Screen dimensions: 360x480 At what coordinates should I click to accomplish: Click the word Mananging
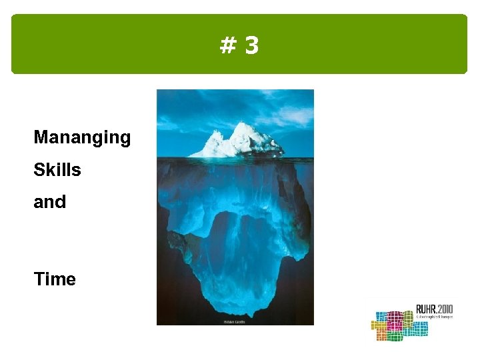[82, 138]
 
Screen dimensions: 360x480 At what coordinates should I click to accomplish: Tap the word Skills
[57, 170]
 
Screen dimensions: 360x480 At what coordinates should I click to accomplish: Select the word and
[50, 201]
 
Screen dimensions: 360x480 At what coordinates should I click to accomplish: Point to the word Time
[55, 279]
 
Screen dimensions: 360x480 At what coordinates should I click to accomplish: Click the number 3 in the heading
[251, 46]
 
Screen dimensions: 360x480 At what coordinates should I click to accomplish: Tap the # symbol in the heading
[227, 46]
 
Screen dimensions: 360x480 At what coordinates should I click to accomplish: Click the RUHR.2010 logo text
[434, 309]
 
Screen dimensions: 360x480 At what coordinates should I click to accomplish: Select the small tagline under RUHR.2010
[434, 317]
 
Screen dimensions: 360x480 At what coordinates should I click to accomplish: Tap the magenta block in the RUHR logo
[395, 322]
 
